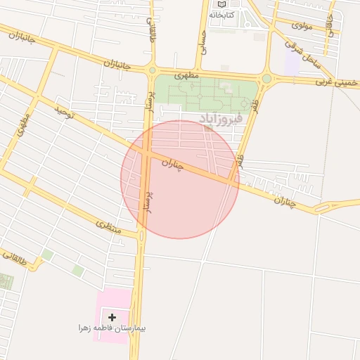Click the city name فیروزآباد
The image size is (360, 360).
click(220, 118)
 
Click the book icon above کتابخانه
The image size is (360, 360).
click(221, 4)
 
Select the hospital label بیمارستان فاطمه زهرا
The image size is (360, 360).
click(117, 328)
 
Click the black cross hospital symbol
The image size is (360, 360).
click(112, 318)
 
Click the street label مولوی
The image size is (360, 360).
click(302, 25)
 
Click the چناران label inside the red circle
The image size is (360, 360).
click(172, 166)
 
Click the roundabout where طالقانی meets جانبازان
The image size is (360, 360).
click(152, 70)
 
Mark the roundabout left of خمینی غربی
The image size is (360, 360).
click(266, 79)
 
